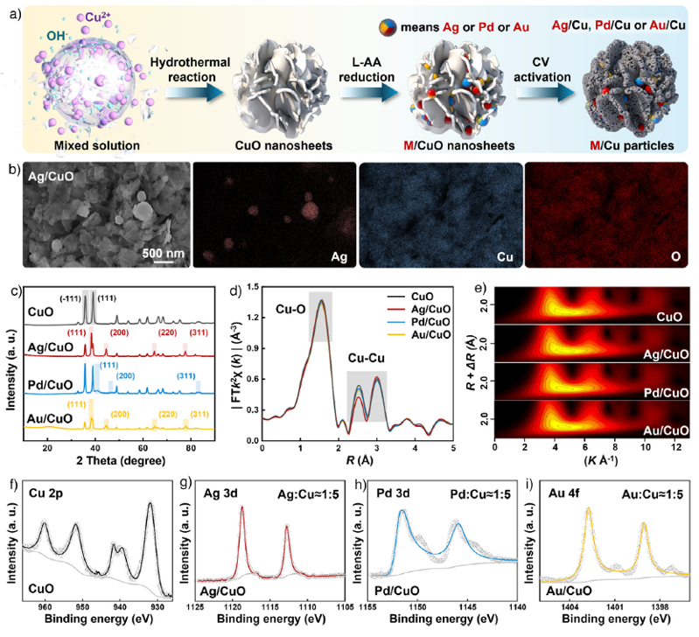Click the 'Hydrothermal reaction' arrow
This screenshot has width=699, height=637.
[x=194, y=93]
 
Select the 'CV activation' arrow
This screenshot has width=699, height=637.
[x=545, y=93]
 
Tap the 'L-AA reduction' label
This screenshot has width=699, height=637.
[x=367, y=69]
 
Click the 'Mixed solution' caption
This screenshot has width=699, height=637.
[x=97, y=146]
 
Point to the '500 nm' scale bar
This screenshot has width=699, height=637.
[x=164, y=262]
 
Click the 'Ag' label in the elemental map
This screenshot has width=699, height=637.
[x=339, y=257]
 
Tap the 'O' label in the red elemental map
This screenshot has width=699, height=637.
[x=676, y=256]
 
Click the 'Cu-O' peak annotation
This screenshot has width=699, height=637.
[x=290, y=309]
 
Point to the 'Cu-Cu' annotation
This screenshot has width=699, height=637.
[x=366, y=358]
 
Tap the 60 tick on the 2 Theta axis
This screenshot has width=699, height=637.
[x=143, y=448]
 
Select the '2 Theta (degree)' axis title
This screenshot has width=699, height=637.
[x=121, y=460]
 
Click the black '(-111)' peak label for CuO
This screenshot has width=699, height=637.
[x=71, y=298]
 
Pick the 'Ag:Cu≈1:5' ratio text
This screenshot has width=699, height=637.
[x=308, y=494]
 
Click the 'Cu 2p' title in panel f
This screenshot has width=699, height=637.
[x=43, y=493]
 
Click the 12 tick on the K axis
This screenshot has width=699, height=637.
[x=675, y=447]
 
